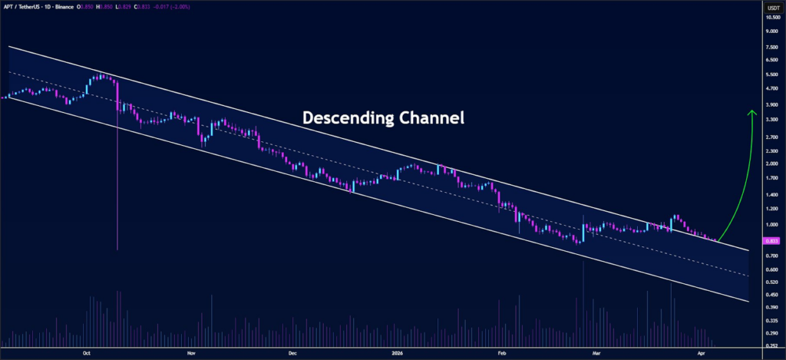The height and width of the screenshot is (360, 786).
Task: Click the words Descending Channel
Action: point(383,118)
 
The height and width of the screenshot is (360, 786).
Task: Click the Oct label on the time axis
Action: point(87,353)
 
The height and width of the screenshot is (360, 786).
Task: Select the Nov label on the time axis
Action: point(190,353)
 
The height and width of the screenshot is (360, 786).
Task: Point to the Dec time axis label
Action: point(292,353)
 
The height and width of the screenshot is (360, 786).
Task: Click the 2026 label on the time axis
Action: point(397,353)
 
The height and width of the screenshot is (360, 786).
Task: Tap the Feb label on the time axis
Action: point(502,353)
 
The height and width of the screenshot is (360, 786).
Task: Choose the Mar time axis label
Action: point(596,353)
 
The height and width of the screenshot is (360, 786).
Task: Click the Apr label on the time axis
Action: point(700,353)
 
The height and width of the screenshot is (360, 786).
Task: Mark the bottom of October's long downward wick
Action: point(117,249)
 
